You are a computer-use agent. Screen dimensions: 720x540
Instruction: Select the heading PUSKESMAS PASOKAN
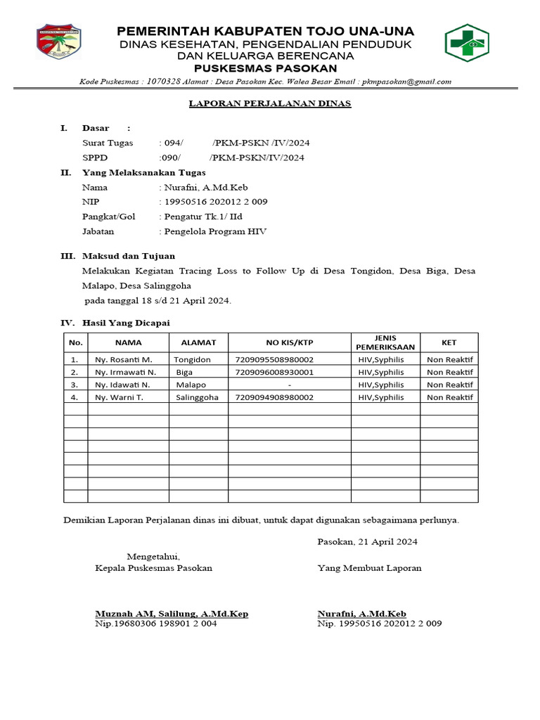(265, 68)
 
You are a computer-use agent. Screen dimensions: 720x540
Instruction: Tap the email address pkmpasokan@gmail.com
(407, 82)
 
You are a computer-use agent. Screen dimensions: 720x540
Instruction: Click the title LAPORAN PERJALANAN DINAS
(269, 104)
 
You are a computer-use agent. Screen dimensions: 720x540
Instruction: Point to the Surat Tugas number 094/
(173, 143)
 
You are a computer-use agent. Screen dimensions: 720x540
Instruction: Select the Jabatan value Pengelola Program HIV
(214, 231)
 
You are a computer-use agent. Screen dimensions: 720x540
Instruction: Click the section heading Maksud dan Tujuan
(129, 256)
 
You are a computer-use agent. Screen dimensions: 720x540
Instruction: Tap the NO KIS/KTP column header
(288, 342)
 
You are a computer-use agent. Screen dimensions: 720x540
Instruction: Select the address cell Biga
(184, 372)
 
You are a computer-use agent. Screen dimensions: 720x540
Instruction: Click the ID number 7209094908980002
(274, 397)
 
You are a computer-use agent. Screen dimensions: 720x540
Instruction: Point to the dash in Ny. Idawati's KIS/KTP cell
(289, 385)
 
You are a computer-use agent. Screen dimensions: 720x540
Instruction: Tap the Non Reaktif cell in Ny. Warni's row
(450, 397)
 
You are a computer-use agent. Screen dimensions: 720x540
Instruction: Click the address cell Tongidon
(192, 359)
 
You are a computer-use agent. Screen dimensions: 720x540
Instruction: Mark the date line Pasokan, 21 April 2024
(367, 541)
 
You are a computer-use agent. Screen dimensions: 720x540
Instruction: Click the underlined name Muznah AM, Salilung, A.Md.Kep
(172, 614)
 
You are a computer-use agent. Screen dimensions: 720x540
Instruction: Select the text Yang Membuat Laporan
(369, 568)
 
